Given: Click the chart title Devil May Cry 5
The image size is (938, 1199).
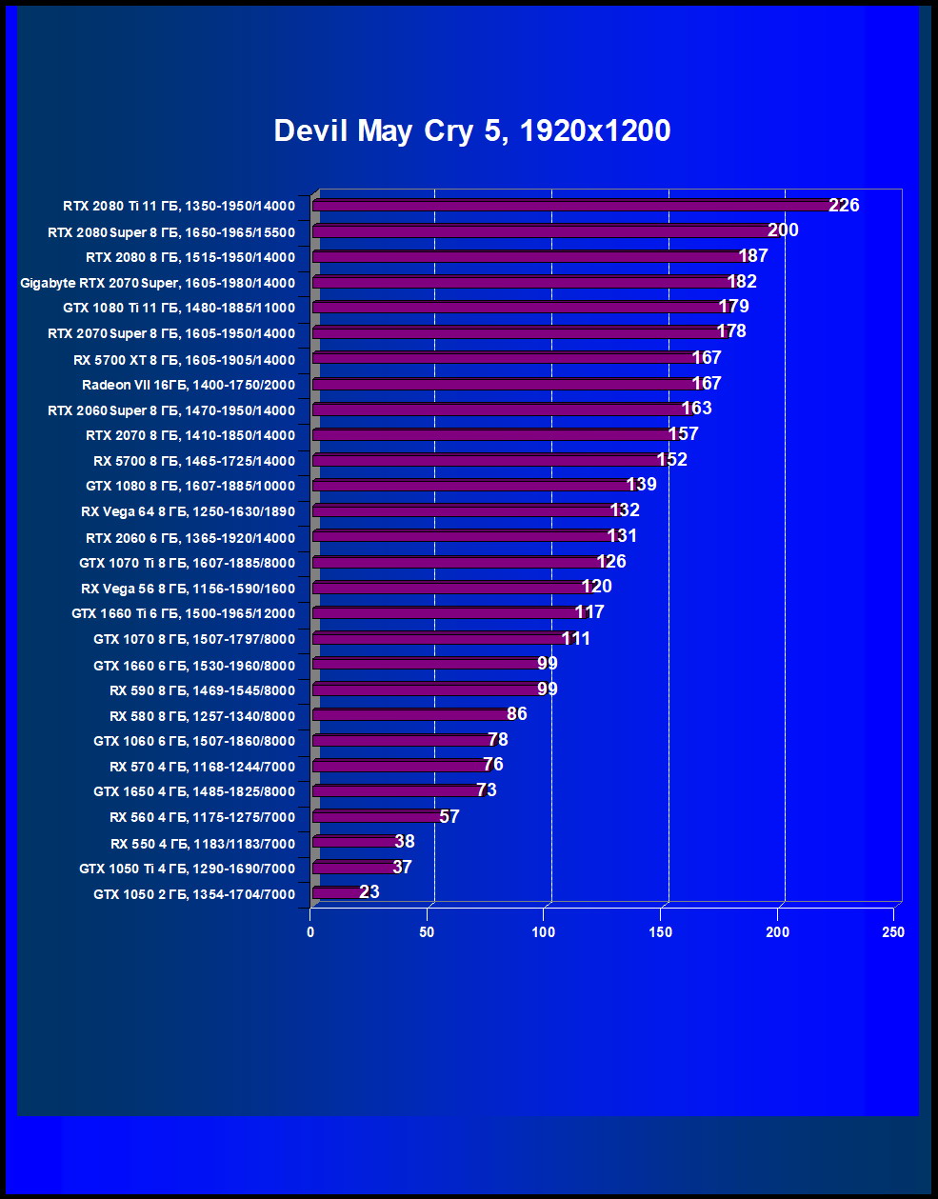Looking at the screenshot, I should [471, 130].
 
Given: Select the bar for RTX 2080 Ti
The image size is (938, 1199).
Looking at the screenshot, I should [571, 206].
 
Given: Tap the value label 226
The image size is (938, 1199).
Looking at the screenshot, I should [844, 206].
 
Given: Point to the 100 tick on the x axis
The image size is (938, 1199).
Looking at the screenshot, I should [544, 932].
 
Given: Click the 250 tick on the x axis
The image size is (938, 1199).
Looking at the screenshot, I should [893, 932].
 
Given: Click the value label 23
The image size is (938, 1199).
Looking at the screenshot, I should [369, 892].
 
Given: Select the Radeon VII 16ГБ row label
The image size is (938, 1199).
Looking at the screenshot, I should [189, 385].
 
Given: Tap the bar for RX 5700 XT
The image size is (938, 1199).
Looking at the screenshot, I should [505, 358].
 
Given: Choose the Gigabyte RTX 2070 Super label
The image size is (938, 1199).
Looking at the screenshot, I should [157, 283].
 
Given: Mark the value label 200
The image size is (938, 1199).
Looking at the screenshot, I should [783, 230].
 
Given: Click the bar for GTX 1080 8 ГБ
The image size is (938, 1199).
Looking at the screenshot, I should [471, 486].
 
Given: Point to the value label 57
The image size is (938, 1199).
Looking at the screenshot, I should [449, 817].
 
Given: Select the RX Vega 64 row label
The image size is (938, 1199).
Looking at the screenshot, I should [188, 511].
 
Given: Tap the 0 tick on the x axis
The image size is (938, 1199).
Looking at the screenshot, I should [311, 932].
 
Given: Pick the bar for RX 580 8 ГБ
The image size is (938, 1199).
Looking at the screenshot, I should [411, 715].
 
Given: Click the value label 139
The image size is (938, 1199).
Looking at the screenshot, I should [641, 485].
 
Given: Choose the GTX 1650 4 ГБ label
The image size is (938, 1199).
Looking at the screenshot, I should [194, 791].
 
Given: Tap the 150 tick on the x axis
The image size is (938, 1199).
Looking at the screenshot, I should [661, 932].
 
